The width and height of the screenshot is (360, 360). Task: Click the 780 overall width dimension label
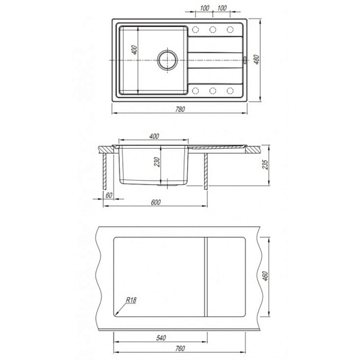tap(180, 109)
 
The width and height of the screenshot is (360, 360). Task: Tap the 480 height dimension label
tap(257, 59)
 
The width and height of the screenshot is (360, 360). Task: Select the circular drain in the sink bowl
tap(167, 60)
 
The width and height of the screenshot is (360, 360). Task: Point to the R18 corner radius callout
tap(131, 300)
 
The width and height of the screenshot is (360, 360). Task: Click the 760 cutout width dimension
tap(180, 349)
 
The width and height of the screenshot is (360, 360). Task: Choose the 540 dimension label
tap(161, 338)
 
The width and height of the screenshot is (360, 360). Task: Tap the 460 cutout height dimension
tap(265, 276)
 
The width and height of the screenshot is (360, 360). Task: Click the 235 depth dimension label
tap(265, 164)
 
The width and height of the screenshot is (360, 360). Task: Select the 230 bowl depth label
tap(157, 162)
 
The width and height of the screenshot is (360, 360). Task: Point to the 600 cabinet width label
tap(155, 202)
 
